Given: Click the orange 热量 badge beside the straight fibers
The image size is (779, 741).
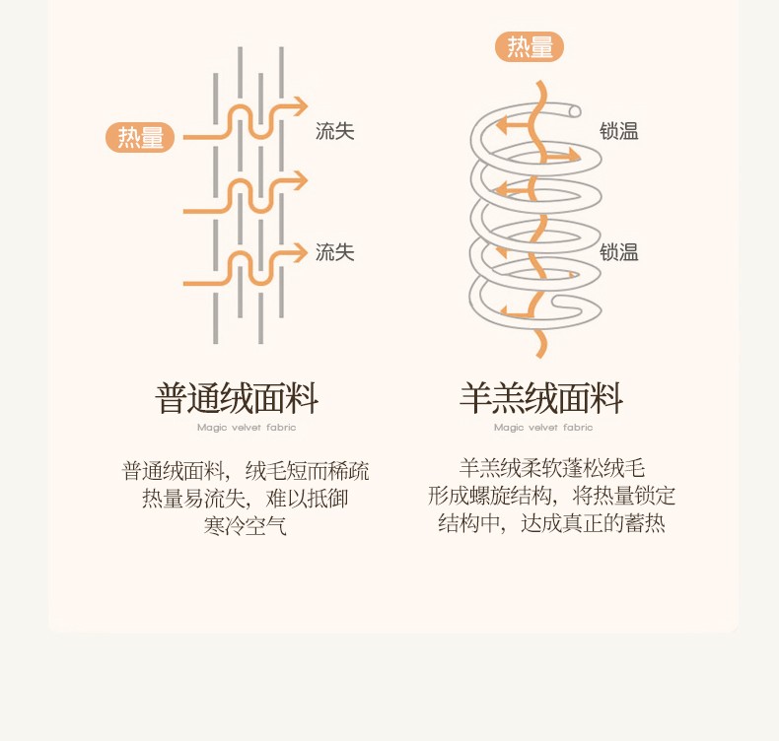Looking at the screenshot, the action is coord(140,138).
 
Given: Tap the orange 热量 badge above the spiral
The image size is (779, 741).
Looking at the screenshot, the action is coord(530,46).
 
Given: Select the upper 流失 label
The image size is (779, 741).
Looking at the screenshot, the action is coord(335,131).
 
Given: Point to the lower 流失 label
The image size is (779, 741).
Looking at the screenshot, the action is coord(335,252).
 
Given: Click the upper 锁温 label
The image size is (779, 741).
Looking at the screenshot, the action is coord(619,131).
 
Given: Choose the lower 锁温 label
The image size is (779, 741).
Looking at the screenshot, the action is coord(619,252).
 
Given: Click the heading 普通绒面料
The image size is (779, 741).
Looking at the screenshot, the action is coord(237,398).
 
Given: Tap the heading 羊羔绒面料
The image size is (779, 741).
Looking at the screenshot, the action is coord(541,398).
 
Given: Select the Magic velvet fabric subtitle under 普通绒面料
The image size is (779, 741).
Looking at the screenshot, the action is coord(247,428).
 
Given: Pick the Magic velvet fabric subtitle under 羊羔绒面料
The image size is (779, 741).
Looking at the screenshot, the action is coord(543,428).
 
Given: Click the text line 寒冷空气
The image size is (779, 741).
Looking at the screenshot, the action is coord(246,526).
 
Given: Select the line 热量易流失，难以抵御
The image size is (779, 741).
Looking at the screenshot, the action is coord(246,499).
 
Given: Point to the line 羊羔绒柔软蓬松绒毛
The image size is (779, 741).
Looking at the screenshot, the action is coord(551,468).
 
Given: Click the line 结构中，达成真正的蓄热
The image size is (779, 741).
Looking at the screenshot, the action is coord(551,523).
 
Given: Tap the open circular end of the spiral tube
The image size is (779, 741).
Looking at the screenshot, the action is coord(575,111).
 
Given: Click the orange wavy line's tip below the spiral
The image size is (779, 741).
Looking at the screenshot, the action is coord(539,356).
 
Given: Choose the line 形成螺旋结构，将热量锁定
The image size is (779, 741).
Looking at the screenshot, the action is coord(551,496).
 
